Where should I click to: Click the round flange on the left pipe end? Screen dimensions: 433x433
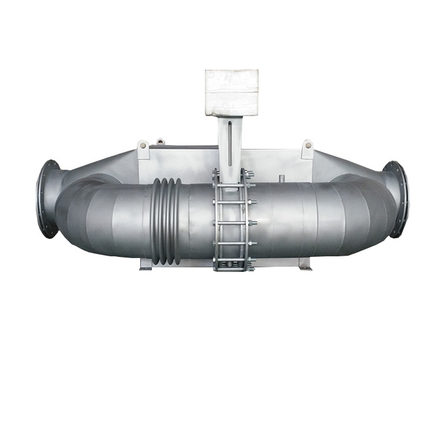(47, 199)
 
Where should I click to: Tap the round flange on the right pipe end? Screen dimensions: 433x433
(398, 199)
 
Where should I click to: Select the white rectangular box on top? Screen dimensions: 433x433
(232, 92)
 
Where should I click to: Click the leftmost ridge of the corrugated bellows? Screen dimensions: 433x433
(155, 222)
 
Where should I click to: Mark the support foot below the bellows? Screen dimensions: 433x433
(146, 265)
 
